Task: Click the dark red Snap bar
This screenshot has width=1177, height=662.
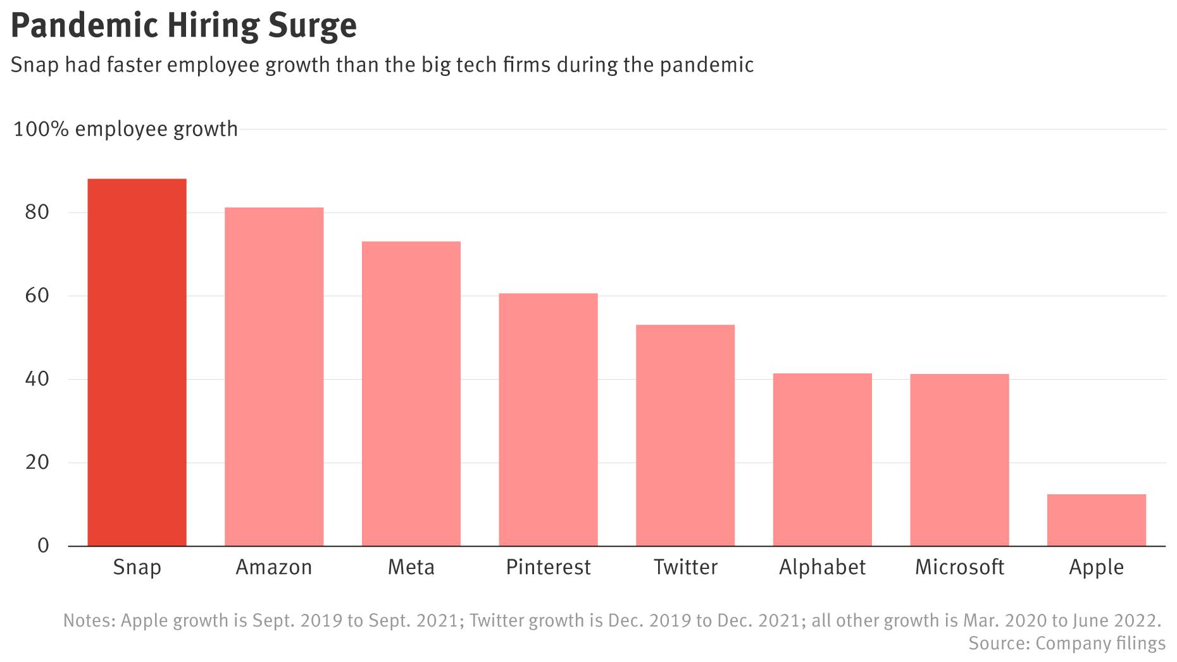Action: [x=137, y=362]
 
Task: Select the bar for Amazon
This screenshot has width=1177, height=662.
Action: [x=274, y=377]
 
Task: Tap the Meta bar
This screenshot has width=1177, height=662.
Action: [x=411, y=394]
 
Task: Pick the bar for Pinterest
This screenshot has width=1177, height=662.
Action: [x=548, y=420]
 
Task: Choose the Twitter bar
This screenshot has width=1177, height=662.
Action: [x=685, y=435]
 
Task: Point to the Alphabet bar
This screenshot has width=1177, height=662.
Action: [x=822, y=459]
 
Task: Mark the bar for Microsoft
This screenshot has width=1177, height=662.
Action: [x=959, y=460]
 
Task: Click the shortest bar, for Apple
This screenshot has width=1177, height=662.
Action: [x=1096, y=520]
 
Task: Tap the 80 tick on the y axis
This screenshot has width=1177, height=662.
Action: [x=37, y=212]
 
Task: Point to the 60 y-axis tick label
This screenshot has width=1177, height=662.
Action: [x=37, y=296]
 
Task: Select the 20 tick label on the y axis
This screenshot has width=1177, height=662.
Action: [x=37, y=463]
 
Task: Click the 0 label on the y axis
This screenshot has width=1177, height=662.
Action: [x=43, y=546]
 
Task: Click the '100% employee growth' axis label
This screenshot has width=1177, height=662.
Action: [x=126, y=129]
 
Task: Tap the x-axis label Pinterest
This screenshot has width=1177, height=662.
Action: [x=548, y=567]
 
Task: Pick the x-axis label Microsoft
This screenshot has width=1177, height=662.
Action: [x=959, y=567]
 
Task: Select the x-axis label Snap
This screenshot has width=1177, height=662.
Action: [x=137, y=567]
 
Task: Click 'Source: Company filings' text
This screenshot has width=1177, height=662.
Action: [x=1067, y=644]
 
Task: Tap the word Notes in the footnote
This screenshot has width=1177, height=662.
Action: [x=88, y=620]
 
